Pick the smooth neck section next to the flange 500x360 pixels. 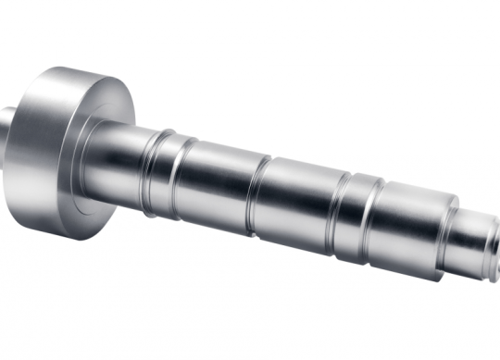125,162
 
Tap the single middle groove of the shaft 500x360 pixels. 257,194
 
